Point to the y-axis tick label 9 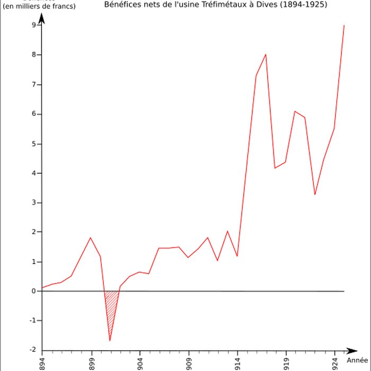click(33, 25)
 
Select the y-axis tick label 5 click(33, 144)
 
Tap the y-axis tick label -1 click(32, 321)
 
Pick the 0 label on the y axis click(33, 291)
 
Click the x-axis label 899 click(91, 363)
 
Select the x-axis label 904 click(140, 363)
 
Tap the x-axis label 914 click(237, 363)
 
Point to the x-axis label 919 click(286, 363)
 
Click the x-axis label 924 click(335, 363)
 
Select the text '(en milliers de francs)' click(39, 6)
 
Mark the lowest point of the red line click(110, 341)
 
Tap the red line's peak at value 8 click(266, 54)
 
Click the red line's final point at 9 click(344, 25)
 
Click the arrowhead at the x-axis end click(352, 350)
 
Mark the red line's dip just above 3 click(314, 195)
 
